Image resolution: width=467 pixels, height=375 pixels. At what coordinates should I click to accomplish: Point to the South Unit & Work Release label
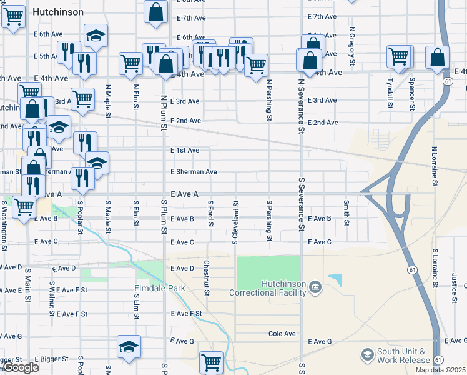tap(401, 356)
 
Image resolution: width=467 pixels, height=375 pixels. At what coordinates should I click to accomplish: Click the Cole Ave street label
tap(282, 334)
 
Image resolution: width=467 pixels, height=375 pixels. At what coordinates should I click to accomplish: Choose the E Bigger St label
tap(55, 359)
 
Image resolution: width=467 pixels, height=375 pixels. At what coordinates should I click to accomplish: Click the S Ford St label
tap(211, 214)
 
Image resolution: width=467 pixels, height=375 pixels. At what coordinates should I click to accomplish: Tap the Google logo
tap(20, 368)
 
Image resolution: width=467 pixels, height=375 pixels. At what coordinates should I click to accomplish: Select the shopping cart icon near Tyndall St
tap(398, 56)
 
